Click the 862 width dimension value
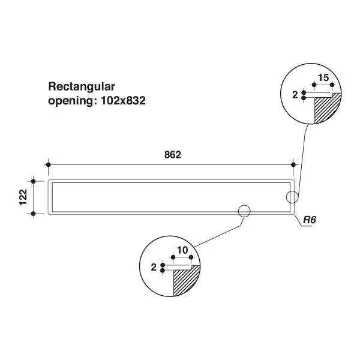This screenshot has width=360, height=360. pyautogui.click(x=172, y=154)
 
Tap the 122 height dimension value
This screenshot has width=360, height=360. pyautogui.click(x=23, y=197)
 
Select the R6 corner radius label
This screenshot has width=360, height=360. pyautogui.click(x=309, y=220)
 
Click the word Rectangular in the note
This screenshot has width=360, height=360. pyautogui.click(x=81, y=86)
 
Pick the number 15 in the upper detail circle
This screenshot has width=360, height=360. pyautogui.click(x=322, y=78)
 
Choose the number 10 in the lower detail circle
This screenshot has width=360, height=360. pyautogui.click(x=182, y=249)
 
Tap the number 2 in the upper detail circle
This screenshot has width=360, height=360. pyautogui.click(x=295, y=94)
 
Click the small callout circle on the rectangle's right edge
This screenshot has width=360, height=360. pyautogui.click(x=292, y=197)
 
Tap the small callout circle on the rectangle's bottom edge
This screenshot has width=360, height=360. pyautogui.click(x=244, y=211)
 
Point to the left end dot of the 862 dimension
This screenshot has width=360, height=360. pyautogui.click(x=47, y=164)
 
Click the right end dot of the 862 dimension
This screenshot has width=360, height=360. pyautogui.click(x=293, y=164)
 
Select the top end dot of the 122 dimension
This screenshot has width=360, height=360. pyautogui.click(x=34, y=181)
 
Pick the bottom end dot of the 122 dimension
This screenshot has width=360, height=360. pyautogui.click(x=34, y=214)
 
